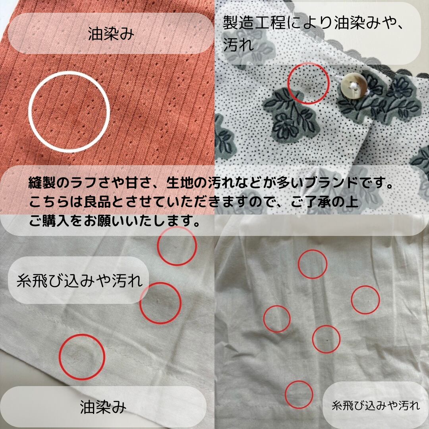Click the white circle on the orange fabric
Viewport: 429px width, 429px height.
tap(29, 112)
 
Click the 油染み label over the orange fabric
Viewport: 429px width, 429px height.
tap(111, 34)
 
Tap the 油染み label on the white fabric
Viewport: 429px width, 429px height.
tap(103, 407)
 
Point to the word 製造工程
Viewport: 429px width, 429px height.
tap(254, 22)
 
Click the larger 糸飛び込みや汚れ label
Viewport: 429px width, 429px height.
tap(79, 281)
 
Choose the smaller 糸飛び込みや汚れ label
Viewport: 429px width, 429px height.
tap(376, 406)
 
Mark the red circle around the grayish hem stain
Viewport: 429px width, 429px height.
tap(60, 357)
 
